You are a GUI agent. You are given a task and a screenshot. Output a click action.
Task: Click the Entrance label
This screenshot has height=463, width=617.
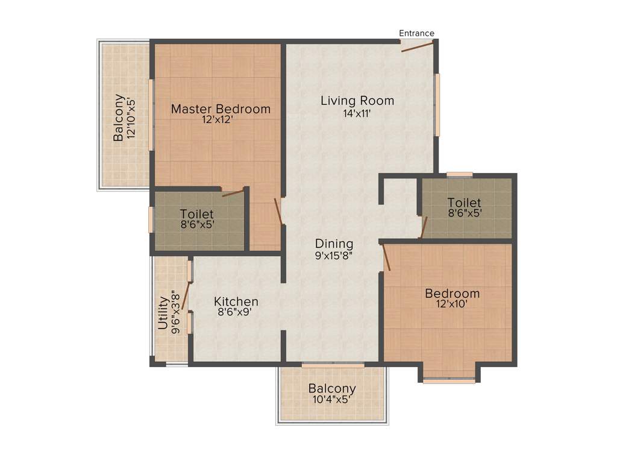click(x=416, y=33)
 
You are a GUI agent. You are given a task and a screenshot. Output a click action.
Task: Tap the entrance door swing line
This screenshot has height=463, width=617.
click(x=417, y=47)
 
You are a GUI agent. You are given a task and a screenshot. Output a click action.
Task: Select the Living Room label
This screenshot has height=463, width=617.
click(x=357, y=101)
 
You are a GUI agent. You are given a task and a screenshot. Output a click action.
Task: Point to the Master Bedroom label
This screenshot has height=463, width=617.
click(x=221, y=109)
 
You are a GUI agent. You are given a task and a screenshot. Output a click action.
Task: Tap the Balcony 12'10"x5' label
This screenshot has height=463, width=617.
click(x=124, y=118)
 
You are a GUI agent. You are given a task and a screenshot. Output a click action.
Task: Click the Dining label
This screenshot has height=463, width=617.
click(x=334, y=244)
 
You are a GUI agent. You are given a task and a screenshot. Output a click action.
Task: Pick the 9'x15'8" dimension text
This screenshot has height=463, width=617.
click(x=333, y=255)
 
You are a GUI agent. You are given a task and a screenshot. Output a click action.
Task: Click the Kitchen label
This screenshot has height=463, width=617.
click(x=236, y=301)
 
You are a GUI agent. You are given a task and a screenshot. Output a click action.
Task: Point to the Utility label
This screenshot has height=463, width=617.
click(x=163, y=312)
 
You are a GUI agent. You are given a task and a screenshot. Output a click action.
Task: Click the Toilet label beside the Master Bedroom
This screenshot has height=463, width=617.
click(x=196, y=214)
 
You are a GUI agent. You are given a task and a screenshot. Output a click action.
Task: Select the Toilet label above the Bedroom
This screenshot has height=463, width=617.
click(x=464, y=203)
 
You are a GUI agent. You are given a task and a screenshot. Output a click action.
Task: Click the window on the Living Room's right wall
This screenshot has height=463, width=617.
click(x=437, y=104)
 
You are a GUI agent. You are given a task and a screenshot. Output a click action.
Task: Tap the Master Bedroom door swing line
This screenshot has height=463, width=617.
click(x=278, y=212)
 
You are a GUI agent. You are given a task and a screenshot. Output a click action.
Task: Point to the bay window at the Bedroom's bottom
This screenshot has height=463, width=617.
click(x=449, y=380)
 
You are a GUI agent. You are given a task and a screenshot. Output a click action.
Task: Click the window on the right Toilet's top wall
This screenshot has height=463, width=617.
click(x=459, y=175)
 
